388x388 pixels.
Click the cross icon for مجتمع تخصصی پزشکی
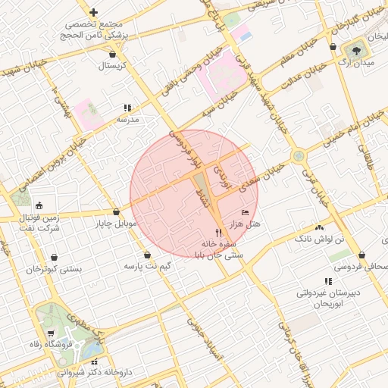[93, 12]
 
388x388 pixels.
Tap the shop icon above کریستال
[112, 54]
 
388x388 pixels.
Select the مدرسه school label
[127, 120]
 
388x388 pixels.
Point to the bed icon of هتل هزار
[243, 212]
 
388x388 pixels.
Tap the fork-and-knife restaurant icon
[219, 233]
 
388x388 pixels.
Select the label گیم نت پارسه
[148, 267]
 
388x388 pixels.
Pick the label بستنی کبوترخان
[53, 269]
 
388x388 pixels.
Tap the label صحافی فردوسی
[361, 267]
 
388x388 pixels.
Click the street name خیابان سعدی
[254, 177]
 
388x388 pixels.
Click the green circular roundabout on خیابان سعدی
[299, 157]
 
